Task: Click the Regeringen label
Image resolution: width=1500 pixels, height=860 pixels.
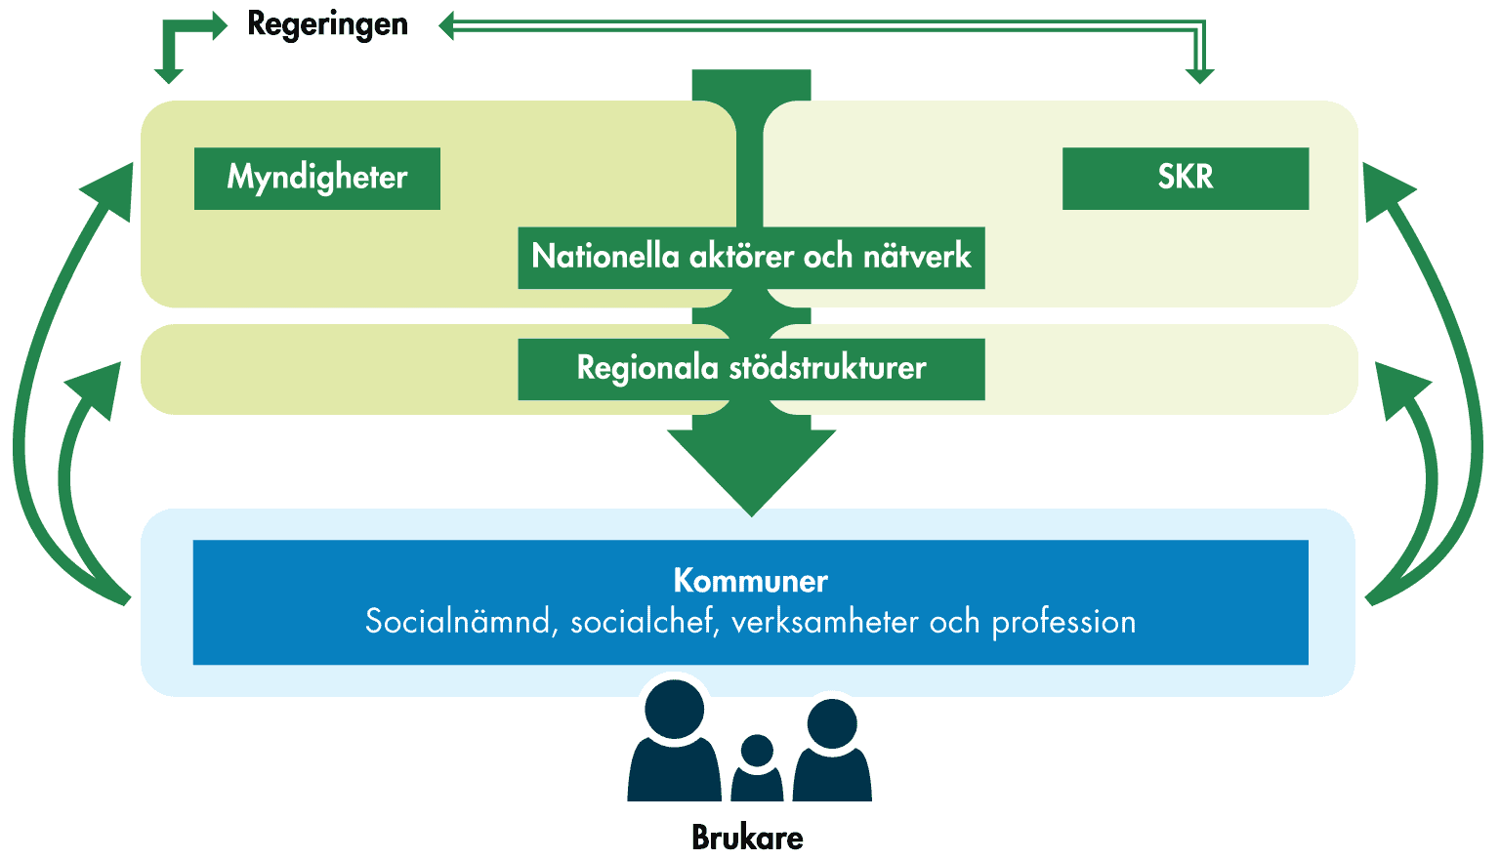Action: coord(327,24)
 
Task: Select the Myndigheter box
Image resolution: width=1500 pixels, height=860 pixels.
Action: coord(317,178)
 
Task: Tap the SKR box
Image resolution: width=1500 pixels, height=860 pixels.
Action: coord(1185,178)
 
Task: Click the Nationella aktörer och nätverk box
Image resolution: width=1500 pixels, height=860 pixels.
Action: coord(751,258)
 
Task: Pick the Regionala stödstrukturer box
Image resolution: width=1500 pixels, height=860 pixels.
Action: coord(751,369)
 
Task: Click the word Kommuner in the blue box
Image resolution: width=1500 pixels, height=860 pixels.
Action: coord(750,581)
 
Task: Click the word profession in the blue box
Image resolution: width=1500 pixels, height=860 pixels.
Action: coord(1063,622)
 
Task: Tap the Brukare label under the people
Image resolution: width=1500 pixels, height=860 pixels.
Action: coord(747,838)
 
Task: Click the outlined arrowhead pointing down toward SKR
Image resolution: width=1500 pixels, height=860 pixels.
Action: coord(1199,74)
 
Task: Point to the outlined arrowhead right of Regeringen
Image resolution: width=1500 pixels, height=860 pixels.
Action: coord(447,26)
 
